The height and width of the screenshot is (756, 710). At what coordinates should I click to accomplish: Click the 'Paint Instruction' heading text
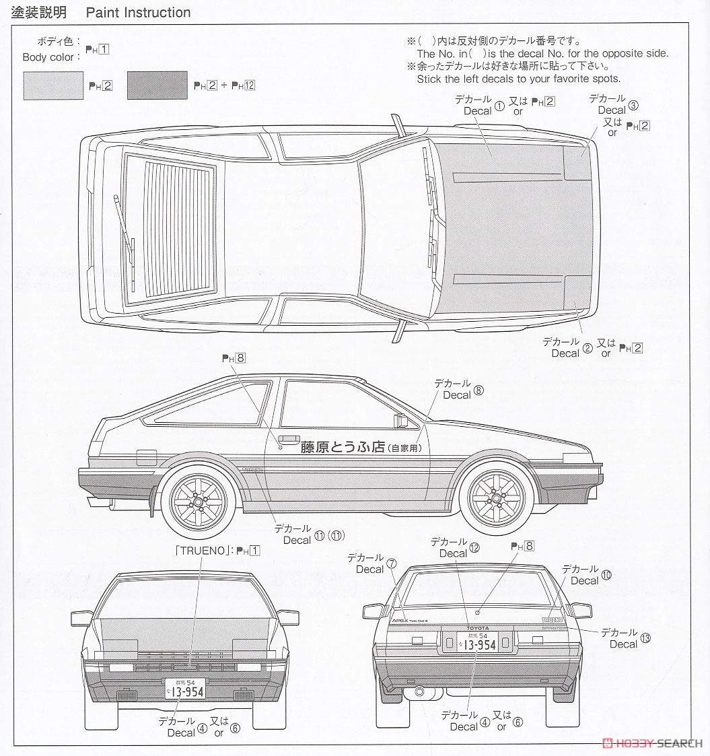click(x=138, y=13)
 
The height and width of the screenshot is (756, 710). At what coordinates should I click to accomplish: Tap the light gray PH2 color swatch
click(x=53, y=85)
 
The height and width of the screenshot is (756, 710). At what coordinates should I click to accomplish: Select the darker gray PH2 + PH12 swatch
click(x=157, y=85)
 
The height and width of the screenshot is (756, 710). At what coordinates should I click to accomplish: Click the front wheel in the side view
click(x=497, y=499)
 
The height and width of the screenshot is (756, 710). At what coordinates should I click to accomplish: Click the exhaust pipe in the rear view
click(x=419, y=691)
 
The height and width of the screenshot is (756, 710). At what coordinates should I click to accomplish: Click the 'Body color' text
click(x=48, y=57)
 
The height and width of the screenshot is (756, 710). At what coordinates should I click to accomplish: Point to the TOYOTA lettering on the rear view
click(x=478, y=627)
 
